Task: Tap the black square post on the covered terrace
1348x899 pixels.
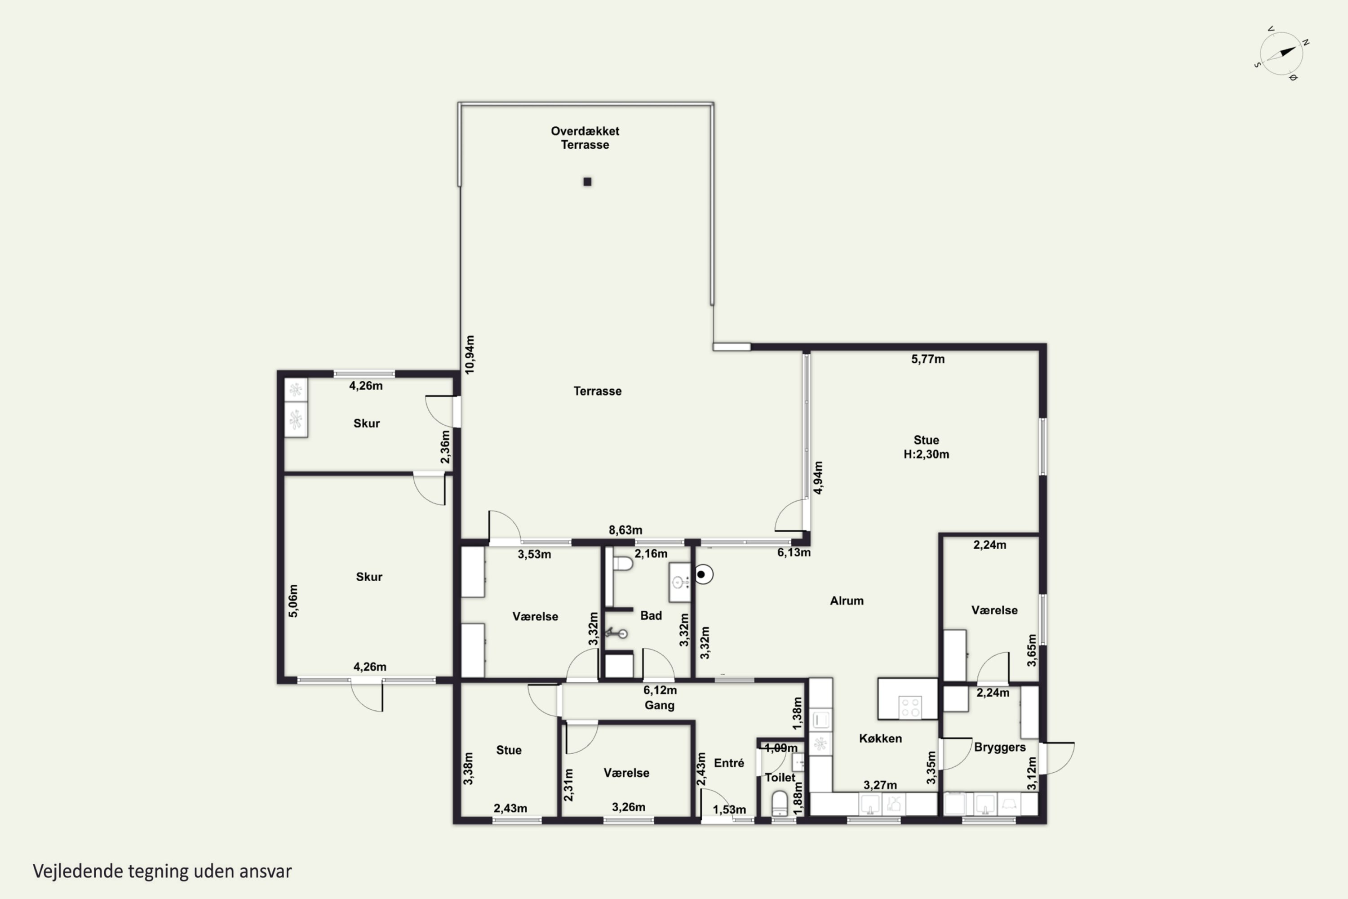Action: [x=587, y=182]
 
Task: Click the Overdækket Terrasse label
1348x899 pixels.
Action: [x=585, y=138]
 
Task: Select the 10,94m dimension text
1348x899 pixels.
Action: [x=470, y=355]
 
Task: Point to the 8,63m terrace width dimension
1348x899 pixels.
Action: [x=625, y=530]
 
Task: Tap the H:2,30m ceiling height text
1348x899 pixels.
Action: [x=926, y=454]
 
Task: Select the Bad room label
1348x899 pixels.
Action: [x=651, y=616]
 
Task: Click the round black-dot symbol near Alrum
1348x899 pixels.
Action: [x=704, y=574]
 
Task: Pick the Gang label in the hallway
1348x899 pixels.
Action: [x=659, y=705]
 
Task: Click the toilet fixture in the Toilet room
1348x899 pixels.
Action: [x=780, y=803]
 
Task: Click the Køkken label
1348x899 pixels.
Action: [x=880, y=739]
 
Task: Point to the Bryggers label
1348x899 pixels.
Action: [x=999, y=747]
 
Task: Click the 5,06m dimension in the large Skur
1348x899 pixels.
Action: [x=293, y=601]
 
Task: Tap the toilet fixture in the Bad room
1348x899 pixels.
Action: [x=622, y=563]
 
